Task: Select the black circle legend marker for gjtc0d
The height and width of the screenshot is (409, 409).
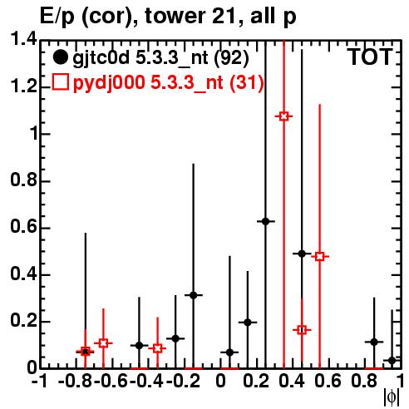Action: pos(60,57)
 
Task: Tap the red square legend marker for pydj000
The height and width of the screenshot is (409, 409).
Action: pos(60,82)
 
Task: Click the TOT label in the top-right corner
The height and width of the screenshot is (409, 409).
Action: pos(370,57)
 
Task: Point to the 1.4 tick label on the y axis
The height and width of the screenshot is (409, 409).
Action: pos(23,39)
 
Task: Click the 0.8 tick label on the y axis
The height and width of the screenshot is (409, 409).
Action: pos(23,180)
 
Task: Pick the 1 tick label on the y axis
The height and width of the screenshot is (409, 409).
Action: pos(32,134)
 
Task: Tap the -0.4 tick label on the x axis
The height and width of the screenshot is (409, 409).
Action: pos(146,382)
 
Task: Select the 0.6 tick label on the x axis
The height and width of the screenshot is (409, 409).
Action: pos(328,382)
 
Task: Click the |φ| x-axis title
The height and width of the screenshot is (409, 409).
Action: pos(392,397)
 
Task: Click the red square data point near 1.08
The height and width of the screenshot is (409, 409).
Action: pos(283,116)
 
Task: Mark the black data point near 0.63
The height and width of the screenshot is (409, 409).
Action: pos(265,221)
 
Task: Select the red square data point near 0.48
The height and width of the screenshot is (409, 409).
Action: pos(319,257)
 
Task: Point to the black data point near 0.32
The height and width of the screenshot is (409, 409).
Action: pos(194,295)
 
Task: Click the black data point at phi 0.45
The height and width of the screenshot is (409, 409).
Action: pos(302,254)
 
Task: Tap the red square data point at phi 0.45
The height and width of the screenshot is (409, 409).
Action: pos(302,330)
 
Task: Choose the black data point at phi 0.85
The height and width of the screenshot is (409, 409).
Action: pos(374,342)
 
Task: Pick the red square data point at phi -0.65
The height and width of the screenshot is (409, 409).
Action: pos(103,343)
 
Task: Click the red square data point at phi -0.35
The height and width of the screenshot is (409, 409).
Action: pos(157,348)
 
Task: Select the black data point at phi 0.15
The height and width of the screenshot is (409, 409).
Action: pos(248,323)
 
